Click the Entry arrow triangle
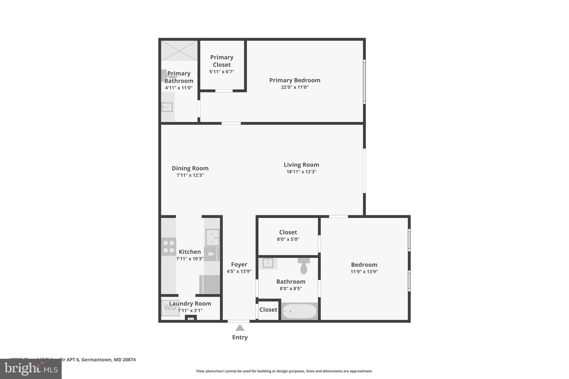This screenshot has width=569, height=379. coord(240,328)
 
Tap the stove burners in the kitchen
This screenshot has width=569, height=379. coord(169,247)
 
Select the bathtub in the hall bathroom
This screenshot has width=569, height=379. coord(300,311)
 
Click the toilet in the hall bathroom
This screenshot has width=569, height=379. coord(304,266)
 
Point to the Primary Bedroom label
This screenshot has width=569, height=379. coord(295,80)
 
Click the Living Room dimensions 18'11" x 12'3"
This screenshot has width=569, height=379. coord(301,172)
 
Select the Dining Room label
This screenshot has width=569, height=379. coord(190,168)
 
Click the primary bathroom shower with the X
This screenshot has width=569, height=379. coord(179,51)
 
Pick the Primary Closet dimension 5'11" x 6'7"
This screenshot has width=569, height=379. coord(221,72)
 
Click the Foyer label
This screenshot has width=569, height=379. coord(239,265)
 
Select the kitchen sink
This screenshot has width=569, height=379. coord(213,237)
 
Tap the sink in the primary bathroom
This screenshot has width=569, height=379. coord(167,107)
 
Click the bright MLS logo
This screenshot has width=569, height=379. coord(31,369)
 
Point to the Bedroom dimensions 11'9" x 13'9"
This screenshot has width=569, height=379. coord(364,272)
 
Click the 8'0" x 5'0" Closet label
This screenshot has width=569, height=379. coord(288,232)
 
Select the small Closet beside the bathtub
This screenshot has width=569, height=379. coord(268,310)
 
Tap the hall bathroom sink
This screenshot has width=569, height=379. coord(268,263)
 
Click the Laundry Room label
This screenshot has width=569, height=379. coord(190,303)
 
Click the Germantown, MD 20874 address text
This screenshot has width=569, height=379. coord(108,360)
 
